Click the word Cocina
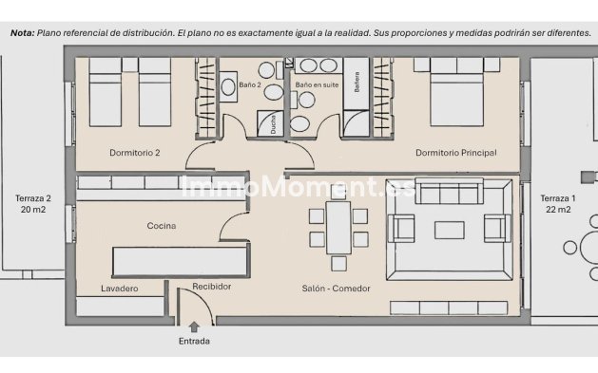tap(161, 226)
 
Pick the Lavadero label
tap(121, 288)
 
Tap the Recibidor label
tap(211, 287)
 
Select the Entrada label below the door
tap(194, 341)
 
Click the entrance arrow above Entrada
tap(194, 327)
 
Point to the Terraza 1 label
tap(557, 198)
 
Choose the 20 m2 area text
tap(32, 211)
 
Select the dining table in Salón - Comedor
tap(337, 226)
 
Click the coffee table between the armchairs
tap(450, 229)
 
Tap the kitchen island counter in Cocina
tap(181, 260)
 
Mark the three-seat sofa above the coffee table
tap(450, 193)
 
